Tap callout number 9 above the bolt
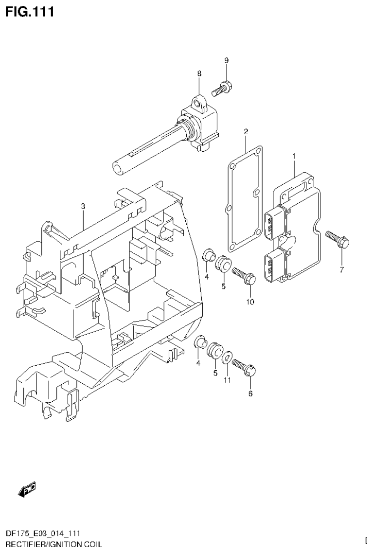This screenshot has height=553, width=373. click(226, 60)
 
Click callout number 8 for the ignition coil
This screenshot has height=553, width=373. click(199, 73)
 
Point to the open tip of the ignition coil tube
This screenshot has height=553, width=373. click(118, 168)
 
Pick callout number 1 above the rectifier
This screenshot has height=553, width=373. click(294, 156)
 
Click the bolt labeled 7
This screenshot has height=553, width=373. click(337, 239)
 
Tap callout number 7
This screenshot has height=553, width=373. click(341, 270)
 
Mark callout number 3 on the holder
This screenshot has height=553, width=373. click(83, 206)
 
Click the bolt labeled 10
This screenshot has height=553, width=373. click(244, 276)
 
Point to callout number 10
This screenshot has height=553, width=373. click(250, 302)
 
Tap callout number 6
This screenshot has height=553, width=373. click(250, 393)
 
